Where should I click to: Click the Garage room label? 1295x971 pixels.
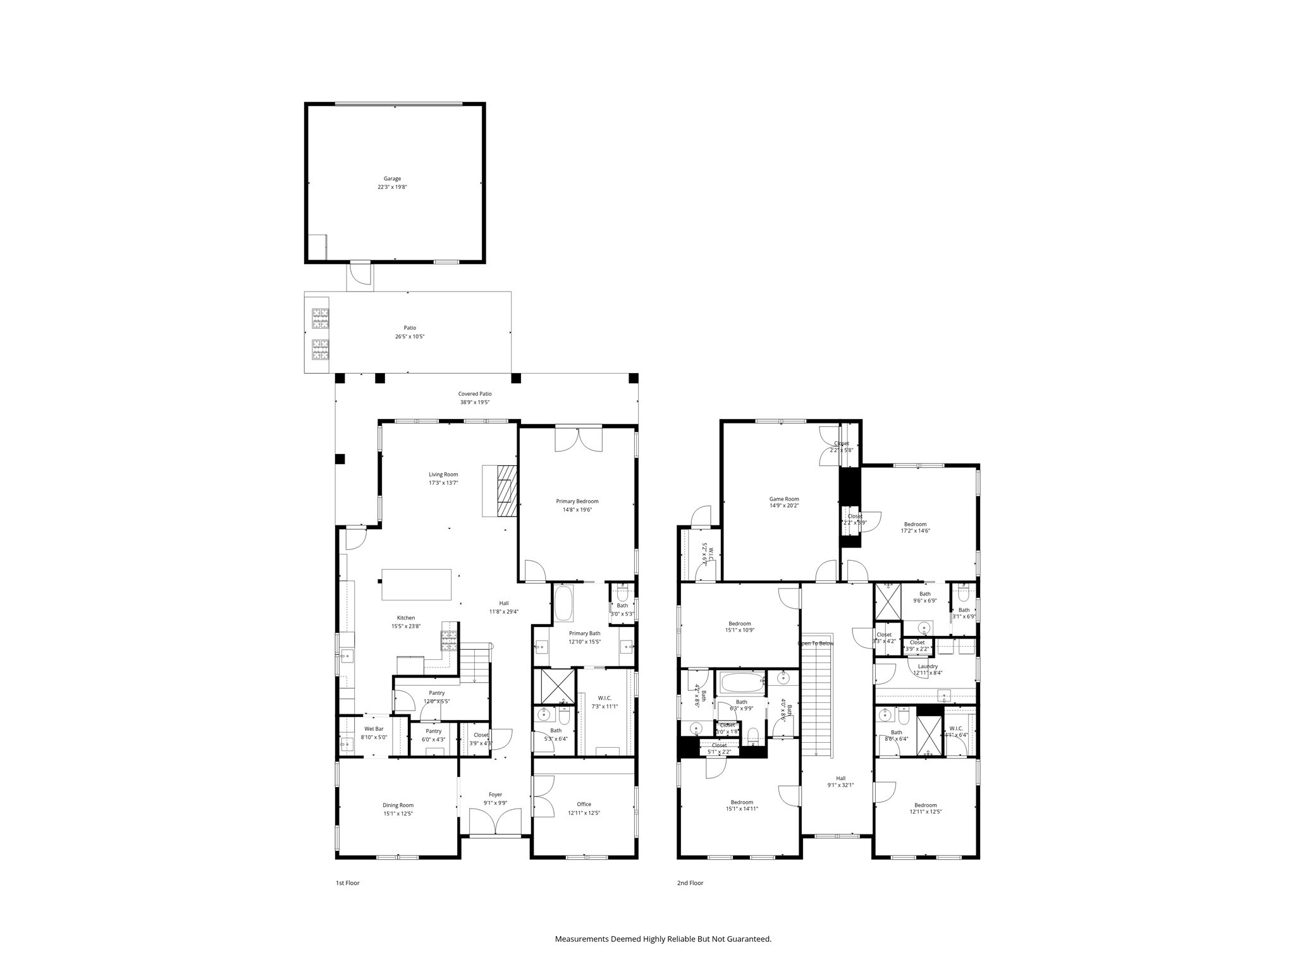coord(392,179)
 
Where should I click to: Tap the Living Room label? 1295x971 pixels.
coord(443,475)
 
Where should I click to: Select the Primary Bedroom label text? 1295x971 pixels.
coord(577,501)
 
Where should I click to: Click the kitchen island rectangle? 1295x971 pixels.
coord(417,584)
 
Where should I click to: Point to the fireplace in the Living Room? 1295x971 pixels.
coord(506,491)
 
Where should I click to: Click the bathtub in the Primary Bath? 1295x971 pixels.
coord(563,604)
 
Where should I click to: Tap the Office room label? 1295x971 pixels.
coord(584,805)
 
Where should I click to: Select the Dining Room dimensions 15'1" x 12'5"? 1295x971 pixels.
coord(398,814)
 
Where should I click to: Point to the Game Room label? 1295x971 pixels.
coord(784,499)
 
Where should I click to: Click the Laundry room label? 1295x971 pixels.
coord(928,666)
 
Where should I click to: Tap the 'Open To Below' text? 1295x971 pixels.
coord(816,644)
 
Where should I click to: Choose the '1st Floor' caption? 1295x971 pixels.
coord(347,883)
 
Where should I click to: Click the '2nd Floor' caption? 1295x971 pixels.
coord(690,883)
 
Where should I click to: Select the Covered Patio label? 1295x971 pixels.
coord(475,394)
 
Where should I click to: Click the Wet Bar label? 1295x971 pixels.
coord(374,729)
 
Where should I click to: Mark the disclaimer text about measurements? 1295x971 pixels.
coord(663,939)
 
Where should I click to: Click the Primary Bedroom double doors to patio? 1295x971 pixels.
coord(579,439)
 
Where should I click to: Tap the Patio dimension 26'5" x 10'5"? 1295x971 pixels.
coord(410,337)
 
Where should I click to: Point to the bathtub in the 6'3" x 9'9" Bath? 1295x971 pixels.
coord(741,683)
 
